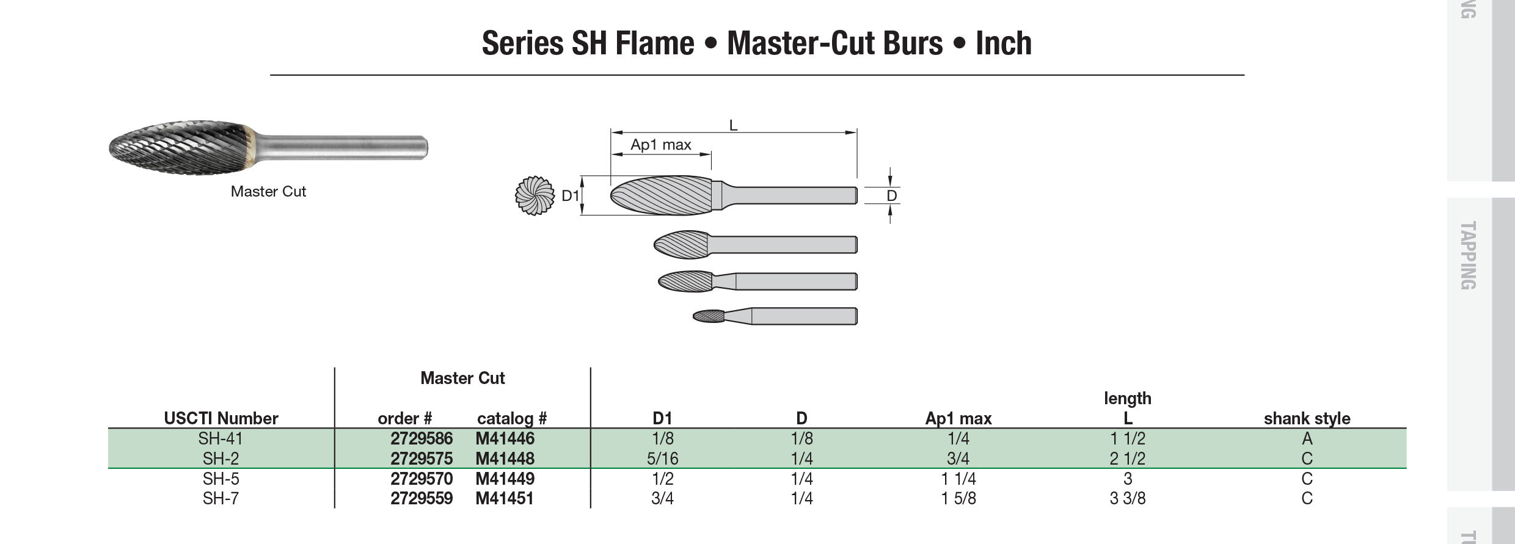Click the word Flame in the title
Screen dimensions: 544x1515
click(x=654, y=43)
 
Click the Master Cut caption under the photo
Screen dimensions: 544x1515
click(x=268, y=192)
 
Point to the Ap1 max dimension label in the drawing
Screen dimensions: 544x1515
click(x=660, y=145)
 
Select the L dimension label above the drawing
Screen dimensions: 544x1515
click(x=734, y=126)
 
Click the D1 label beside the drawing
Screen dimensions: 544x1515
click(x=570, y=196)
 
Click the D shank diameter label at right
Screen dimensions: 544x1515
click(x=891, y=196)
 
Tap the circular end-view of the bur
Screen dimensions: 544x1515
click(x=535, y=196)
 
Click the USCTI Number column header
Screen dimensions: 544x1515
click(x=221, y=418)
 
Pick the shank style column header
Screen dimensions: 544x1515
click(x=1307, y=418)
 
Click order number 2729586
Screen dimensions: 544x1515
click(x=422, y=438)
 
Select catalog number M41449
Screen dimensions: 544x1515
click(x=505, y=479)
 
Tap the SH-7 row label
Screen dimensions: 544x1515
click(x=221, y=499)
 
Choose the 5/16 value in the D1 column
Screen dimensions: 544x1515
click(x=662, y=459)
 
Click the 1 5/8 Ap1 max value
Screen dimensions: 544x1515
click(x=958, y=499)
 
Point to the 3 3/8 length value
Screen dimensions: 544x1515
click(x=1127, y=499)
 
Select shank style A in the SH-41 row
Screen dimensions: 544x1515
click(x=1307, y=438)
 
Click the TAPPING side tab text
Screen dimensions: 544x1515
click(x=1467, y=255)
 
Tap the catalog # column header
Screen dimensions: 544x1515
click(x=511, y=418)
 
